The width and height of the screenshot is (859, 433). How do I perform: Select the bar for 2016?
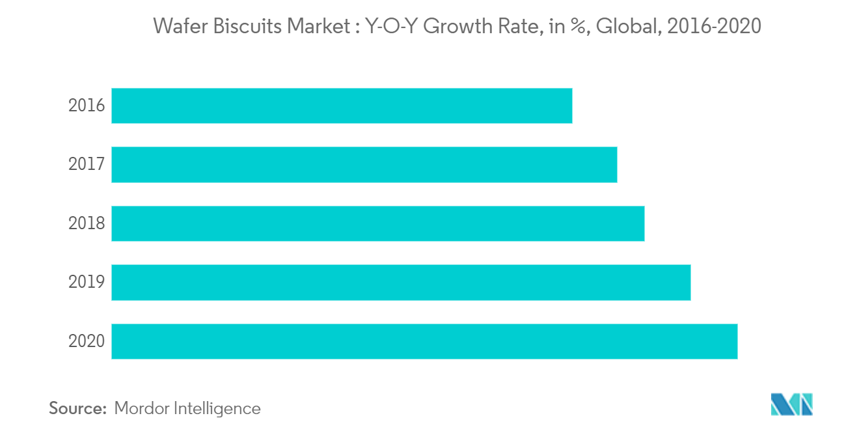click(x=342, y=105)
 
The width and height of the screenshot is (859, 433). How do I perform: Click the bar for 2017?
click(x=364, y=164)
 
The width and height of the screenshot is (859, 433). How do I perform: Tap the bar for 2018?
click(x=377, y=223)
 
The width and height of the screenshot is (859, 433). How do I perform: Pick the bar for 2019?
click(x=400, y=282)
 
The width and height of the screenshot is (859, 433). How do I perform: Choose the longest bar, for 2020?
click(x=424, y=341)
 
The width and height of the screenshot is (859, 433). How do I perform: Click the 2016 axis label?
click(x=87, y=105)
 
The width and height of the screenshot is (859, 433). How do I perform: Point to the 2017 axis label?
click(x=87, y=164)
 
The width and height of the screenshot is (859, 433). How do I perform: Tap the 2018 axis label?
click(x=87, y=223)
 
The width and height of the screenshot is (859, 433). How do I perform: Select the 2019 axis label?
click(x=87, y=282)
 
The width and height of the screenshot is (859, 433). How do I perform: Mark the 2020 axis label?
click(x=87, y=341)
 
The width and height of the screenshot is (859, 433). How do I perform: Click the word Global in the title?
click(x=624, y=27)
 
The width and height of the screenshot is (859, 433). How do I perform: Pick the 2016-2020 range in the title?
click(x=711, y=27)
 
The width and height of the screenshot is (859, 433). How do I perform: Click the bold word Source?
click(x=77, y=408)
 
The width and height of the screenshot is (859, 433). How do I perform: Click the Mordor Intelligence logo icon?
click(x=791, y=404)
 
